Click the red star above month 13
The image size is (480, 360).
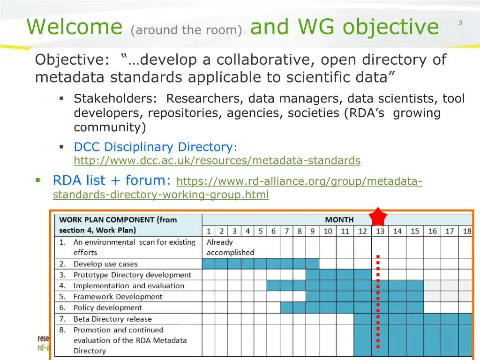coord(378,217)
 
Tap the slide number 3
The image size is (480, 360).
coord(460,23)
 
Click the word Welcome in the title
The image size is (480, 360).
coord(75,27)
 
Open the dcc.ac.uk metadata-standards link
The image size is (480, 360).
coord(217,161)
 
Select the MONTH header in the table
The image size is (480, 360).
coord(339,219)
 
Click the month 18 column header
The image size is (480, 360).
coord(467,231)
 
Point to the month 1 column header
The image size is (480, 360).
coord(209,231)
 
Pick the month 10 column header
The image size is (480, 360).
coord(328,231)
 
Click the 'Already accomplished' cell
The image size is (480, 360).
coord(230,247)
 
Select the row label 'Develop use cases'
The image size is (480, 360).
coord(105,264)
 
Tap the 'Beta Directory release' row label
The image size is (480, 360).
coord(112,319)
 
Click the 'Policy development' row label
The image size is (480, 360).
coord(107,307)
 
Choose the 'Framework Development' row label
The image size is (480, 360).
coord(118,297)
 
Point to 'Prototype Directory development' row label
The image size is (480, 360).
coord(132,275)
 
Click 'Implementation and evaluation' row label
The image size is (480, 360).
coord(128,285)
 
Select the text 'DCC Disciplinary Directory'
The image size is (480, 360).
coord(153,147)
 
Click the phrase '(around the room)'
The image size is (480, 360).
coord(187,30)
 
